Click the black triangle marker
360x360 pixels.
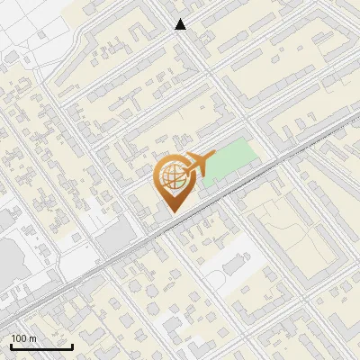(181, 24)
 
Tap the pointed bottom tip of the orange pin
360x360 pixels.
(173, 212)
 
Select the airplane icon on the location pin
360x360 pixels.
(199, 165)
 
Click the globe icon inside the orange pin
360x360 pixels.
(173, 177)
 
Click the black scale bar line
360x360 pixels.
(41, 346)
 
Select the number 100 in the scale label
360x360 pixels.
(19, 338)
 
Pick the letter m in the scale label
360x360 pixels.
(31, 338)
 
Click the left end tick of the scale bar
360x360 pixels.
(11, 345)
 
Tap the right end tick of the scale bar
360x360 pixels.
(72, 345)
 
